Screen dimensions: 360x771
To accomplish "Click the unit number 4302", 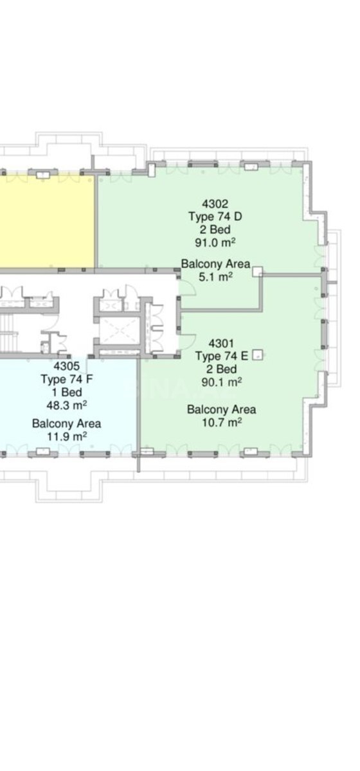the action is (215, 204).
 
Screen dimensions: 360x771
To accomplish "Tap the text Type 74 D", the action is (215, 217).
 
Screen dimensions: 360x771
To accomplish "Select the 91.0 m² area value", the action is (215, 242).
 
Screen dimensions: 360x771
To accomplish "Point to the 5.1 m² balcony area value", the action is (215, 277).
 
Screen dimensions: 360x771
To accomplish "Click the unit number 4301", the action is (221, 343).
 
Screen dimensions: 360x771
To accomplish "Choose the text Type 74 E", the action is (222, 356).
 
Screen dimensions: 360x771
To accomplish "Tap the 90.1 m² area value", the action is (221, 382).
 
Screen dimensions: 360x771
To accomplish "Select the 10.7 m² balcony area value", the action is (222, 422).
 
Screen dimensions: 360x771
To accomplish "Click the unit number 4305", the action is (66, 366).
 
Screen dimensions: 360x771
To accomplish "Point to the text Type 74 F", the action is (66, 379).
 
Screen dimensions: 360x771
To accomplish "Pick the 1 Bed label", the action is (67, 392).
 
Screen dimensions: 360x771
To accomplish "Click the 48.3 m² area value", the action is (66, 405).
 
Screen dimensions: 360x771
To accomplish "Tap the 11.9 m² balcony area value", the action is (66, 437).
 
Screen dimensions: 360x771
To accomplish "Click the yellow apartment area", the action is (46, 221).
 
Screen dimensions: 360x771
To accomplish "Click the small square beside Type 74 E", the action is (257, 355).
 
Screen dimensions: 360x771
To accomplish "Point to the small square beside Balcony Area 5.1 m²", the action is (257, 271).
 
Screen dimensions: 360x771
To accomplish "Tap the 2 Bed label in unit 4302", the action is (215, 229).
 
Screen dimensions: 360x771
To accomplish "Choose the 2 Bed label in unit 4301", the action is (222, 369).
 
